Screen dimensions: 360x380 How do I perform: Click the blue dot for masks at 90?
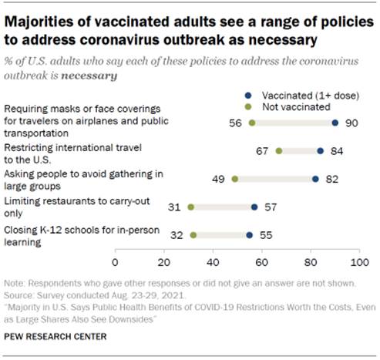335,123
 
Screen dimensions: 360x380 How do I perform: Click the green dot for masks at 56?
251,123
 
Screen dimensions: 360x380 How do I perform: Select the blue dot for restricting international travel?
321,151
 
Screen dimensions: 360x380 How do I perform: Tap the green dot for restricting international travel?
278,151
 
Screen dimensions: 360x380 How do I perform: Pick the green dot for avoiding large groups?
234,179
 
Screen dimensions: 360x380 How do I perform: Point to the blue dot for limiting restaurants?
254,207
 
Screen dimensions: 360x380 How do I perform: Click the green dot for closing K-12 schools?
193,234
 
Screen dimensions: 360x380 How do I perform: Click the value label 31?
173,207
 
